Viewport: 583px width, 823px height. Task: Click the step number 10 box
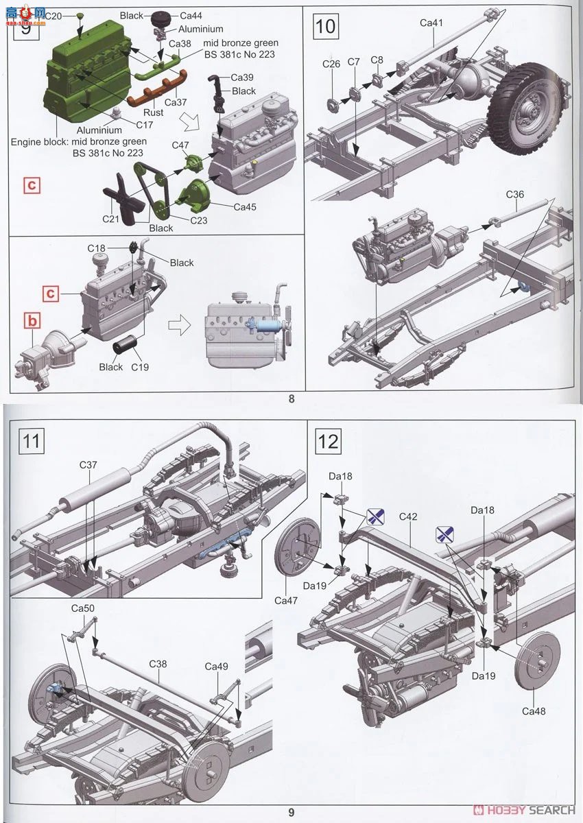click(326, 27)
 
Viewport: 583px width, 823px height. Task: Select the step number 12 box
click(328, 441)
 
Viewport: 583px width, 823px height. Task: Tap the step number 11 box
click(32, 441)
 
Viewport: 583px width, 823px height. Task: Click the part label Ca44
click(191, 15)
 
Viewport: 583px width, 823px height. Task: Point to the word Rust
click(153, 112)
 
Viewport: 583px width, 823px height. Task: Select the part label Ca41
click(431, 23)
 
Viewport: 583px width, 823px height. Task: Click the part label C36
click(514, 194)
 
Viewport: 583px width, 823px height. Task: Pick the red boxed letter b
click(32, 321)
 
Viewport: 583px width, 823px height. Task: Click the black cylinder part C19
click(123, 347)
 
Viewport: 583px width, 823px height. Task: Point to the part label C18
click(96, 249)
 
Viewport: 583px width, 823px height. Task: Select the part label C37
click(88, 465)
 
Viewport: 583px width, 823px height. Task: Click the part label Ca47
click(286, 600)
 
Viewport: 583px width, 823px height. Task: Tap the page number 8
click(291, 399)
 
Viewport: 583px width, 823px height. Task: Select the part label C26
click(331, 64)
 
